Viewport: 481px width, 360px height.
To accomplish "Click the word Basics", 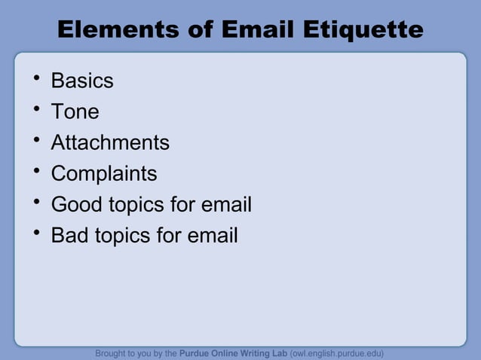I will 82,81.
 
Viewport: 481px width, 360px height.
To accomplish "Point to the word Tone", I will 75,111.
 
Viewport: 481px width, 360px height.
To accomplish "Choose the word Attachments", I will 110,142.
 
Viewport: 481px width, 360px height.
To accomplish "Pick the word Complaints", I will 104,174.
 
